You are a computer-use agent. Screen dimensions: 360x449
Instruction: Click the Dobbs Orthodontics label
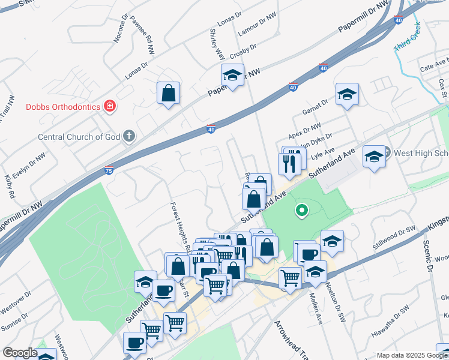pos(62,107)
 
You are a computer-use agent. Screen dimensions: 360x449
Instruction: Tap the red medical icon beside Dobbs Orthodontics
pos(110,107)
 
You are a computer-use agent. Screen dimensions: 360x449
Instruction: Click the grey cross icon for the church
pos(128,136)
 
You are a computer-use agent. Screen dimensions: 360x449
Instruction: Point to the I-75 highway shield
pos(109,170)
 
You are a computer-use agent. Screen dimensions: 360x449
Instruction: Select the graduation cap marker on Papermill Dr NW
pos(232,76)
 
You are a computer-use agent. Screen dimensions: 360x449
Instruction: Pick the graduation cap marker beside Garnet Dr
pos(347,94)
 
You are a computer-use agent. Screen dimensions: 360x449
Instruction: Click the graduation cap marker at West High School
pos(375,157)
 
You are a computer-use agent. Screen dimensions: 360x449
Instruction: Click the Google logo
pos(20,353)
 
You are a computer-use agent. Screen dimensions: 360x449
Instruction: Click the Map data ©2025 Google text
pos(412,355)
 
